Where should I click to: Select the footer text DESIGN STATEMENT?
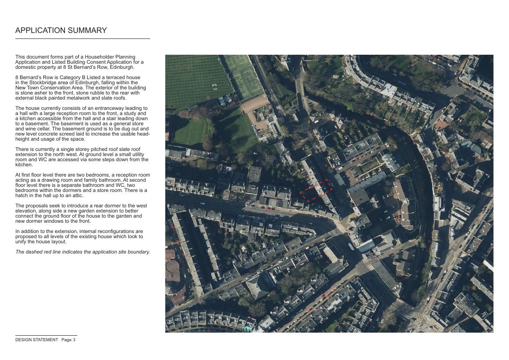37,340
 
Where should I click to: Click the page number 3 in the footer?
74,340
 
